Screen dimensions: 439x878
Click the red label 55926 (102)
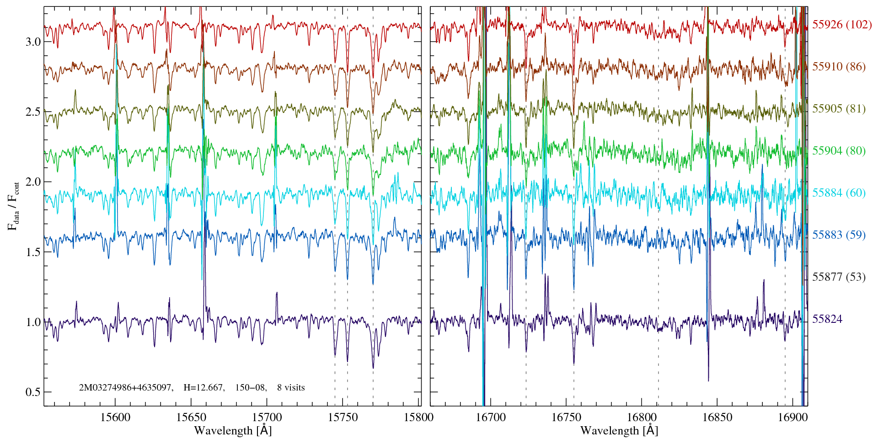coord(842,25)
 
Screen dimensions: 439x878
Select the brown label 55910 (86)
coord(839,67)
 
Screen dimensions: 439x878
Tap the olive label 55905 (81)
coord(839,109)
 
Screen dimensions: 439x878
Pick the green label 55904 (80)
coord(839,151)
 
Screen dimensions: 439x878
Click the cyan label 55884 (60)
coord(839,193)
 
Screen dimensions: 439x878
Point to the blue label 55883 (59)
coord(839,235)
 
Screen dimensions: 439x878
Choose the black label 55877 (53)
coord(839,277)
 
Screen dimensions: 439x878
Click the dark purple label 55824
coord(827,319)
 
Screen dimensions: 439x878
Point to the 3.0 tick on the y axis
coord(33,42)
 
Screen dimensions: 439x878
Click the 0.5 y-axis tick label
coord(33,392)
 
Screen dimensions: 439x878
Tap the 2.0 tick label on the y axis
coord(33,182)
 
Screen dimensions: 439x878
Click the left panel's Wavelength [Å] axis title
coord(233,430)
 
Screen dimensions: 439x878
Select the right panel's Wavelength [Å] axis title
coord(619,430)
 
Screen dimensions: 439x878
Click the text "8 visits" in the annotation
coord(291,388)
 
